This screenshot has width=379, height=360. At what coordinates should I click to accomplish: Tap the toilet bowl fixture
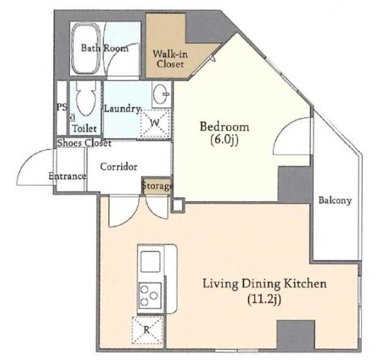pos(85,99)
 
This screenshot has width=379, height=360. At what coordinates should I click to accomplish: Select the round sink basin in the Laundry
pos(161,94)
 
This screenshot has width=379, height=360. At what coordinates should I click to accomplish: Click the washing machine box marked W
pos(155,123)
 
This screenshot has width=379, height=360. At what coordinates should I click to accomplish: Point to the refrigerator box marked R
pos(147,330)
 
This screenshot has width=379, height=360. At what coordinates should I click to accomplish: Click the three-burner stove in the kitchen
pos(150,295)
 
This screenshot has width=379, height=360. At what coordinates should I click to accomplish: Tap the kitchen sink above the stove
pos(150,262)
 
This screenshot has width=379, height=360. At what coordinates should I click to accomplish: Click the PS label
pos(62,107)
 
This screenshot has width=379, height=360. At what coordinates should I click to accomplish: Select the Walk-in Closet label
pos(170,59)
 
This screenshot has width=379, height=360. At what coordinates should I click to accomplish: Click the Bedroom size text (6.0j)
pos(224,140)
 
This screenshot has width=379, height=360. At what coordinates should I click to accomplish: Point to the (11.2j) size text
pos(265,300)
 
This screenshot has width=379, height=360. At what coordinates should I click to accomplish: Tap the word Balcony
pos(335,201)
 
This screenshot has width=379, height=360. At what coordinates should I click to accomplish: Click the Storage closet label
pos(158,186)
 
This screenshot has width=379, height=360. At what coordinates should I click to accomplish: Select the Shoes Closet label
pos(84,143)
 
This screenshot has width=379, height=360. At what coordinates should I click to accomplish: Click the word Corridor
pos(118,166)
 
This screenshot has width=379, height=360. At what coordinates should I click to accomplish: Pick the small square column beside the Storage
pos(178,205)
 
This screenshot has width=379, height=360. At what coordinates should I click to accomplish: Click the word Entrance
pos(67,176)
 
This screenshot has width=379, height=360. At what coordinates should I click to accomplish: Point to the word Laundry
pos(122,109)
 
